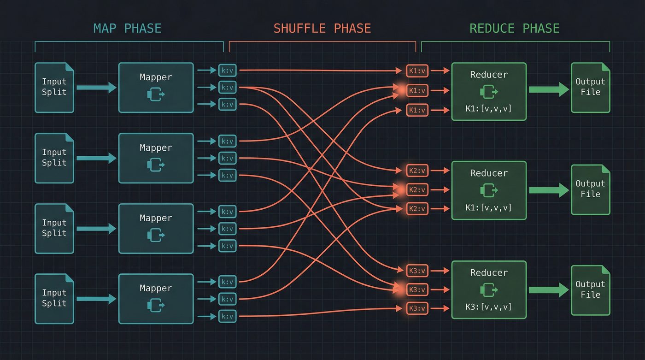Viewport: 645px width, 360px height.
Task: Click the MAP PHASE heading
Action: click(128, 29)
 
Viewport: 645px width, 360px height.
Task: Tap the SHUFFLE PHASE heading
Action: click(322, 29)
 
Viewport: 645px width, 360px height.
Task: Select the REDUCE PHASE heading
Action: click(514, 29)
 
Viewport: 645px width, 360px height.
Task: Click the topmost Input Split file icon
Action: click(54, 88)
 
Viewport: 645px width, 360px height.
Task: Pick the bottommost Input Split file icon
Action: click(54, 299)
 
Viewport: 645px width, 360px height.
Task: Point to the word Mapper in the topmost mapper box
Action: click(156, 77)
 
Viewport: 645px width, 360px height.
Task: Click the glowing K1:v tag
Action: click(417, 90)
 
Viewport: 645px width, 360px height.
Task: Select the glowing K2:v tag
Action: click(417, 190)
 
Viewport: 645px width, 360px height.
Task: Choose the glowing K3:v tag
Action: click(417, 289)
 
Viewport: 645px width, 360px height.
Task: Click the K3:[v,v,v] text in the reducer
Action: click(489, 307)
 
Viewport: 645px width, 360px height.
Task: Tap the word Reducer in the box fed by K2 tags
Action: click(489, 173)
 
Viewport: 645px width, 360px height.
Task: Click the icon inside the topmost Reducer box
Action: click(489, 91)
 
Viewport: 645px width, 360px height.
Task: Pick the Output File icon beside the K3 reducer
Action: click(591, 290)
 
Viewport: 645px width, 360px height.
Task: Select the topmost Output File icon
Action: click(591, 88)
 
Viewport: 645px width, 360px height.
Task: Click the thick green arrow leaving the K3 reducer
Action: click(549, 289)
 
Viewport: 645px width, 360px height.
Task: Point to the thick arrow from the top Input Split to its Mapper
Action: click(96, 87)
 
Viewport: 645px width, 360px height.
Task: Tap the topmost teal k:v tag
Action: click(227, 71)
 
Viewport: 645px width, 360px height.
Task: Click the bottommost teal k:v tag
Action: click(227, 316)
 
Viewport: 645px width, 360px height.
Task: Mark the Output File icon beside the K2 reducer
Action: click(591, 189)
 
